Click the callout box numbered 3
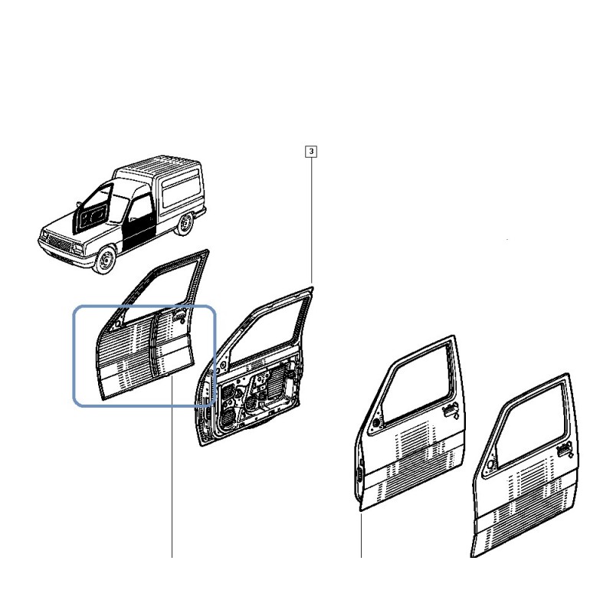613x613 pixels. coord(311,151)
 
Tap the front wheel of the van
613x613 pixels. coord(106,260)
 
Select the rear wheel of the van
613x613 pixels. coord(184,224)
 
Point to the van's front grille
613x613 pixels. coord(60,242)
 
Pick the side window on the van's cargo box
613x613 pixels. coord(182,191)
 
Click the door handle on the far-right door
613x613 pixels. coord(565,449)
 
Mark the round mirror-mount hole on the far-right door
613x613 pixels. coord(490,464)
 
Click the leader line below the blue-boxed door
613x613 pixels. coord(172,466)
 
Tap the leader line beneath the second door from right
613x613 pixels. coord(361,533)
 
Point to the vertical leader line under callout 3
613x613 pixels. coord(311,220)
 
